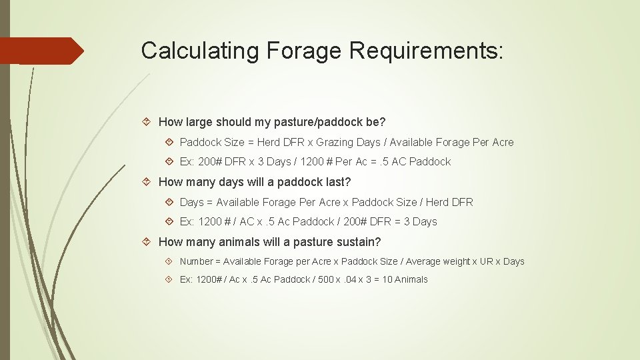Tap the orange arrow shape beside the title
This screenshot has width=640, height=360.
(x=42, y=51)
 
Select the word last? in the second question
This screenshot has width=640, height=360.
(x=337, y=182)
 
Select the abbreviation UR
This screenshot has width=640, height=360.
(x=486, y=261)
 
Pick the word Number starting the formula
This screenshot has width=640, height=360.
(x=197, y=261)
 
